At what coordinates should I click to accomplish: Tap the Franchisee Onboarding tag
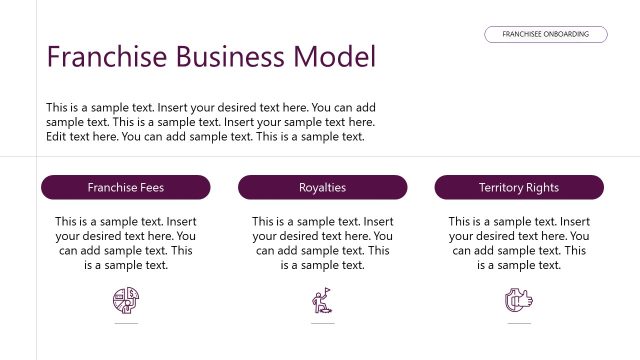[546, 34]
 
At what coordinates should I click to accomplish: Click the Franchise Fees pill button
[126, 187]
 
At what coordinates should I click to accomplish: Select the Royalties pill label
[322, 187]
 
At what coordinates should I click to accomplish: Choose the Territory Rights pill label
[519, 187]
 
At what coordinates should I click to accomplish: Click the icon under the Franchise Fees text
[126, 298]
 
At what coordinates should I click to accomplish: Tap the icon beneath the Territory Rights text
[519, 298]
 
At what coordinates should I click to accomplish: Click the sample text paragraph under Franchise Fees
[126, 243]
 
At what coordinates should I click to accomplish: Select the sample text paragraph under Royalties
[322, 243]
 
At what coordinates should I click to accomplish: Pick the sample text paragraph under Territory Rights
[519, 243]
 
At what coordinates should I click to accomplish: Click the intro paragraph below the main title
[211, 122]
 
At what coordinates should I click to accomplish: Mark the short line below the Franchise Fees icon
[126, 324]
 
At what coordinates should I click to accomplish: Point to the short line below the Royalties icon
[322, 324]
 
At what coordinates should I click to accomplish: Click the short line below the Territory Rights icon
[519, 324]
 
